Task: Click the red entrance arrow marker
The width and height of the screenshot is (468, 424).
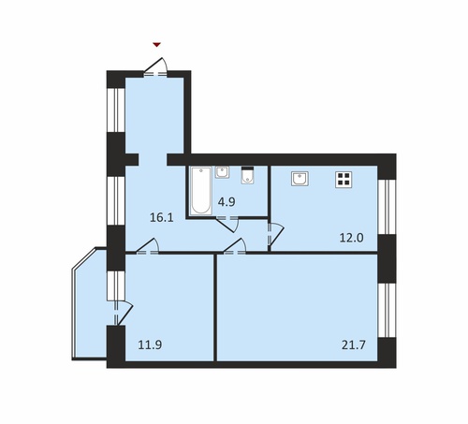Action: (x=156, y=45)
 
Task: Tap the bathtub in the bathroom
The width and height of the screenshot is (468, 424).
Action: (x=200, y=191)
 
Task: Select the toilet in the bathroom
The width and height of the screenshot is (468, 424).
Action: (x=248, y=175)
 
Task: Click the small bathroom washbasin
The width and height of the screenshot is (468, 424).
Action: (x=222, y=172)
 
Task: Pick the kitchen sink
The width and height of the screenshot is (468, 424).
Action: (x=300, y=179)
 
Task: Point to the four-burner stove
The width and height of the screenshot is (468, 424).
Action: (x=344, y=180)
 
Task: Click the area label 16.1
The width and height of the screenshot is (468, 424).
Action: (x=161, y=217)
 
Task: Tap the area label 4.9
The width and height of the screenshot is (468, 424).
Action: (x=227, y=202)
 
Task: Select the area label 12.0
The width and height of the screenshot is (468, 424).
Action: (x=351, y=238)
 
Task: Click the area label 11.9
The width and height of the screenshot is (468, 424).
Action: (x=150, y=345)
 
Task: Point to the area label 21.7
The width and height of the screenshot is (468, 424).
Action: (x=354, y=345)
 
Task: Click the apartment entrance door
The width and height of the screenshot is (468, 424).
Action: (x=155, y=67)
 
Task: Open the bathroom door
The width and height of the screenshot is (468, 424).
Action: (x=227, y=224)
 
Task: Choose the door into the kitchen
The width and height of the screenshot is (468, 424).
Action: (x=275, y=234)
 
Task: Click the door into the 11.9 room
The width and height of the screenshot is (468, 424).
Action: (x=148, y=246)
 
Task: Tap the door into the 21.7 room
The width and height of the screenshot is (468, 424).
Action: (x=235, y=246)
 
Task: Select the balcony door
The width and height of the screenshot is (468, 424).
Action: (x=123, y=313)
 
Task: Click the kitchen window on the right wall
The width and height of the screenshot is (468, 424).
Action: (x=387, y=207)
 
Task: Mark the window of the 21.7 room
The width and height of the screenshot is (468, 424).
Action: (x=387, y=311)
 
